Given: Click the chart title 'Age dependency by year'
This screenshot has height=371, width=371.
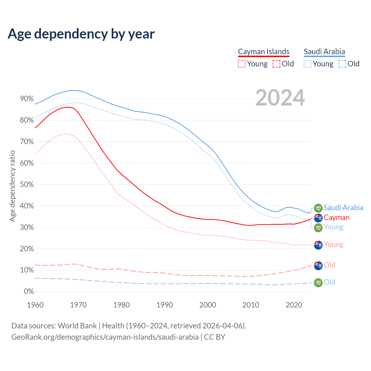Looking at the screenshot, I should click(81, 34).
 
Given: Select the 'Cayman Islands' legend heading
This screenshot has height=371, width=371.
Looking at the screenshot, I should click(263, 52).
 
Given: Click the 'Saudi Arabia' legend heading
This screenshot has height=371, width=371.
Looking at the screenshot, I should click(324, 52).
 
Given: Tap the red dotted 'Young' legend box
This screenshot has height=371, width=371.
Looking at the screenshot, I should click(241, 64).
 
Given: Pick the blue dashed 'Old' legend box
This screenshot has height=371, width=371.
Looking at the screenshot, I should click(342, 64).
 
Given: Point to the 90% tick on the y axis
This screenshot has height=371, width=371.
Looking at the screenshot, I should click(27, 99).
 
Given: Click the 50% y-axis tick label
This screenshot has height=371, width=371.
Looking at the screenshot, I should click(27, 185).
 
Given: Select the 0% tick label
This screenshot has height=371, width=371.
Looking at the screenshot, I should click(29, 292).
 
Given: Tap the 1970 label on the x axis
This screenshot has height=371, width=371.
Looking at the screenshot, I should click(78, 305).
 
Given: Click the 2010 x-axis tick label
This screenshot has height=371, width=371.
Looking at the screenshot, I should click(251, 305).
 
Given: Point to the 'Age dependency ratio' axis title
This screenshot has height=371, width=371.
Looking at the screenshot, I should click(12, 186).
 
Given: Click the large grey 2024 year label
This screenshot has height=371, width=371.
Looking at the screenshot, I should click(280, 98).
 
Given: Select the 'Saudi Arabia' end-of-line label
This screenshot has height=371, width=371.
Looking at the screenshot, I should click(343, 208).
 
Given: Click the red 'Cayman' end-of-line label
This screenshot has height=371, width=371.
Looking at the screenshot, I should click(337, 217).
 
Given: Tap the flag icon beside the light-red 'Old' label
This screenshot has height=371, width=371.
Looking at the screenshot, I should click(318, 265).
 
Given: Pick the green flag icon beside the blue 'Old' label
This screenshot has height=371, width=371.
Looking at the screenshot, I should click(318, 283).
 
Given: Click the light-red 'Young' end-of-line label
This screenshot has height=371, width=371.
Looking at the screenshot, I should click(333, 244).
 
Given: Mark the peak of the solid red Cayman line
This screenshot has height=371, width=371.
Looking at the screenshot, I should click(68, 107).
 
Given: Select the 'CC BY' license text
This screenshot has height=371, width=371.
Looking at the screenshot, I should click(214, 337).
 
